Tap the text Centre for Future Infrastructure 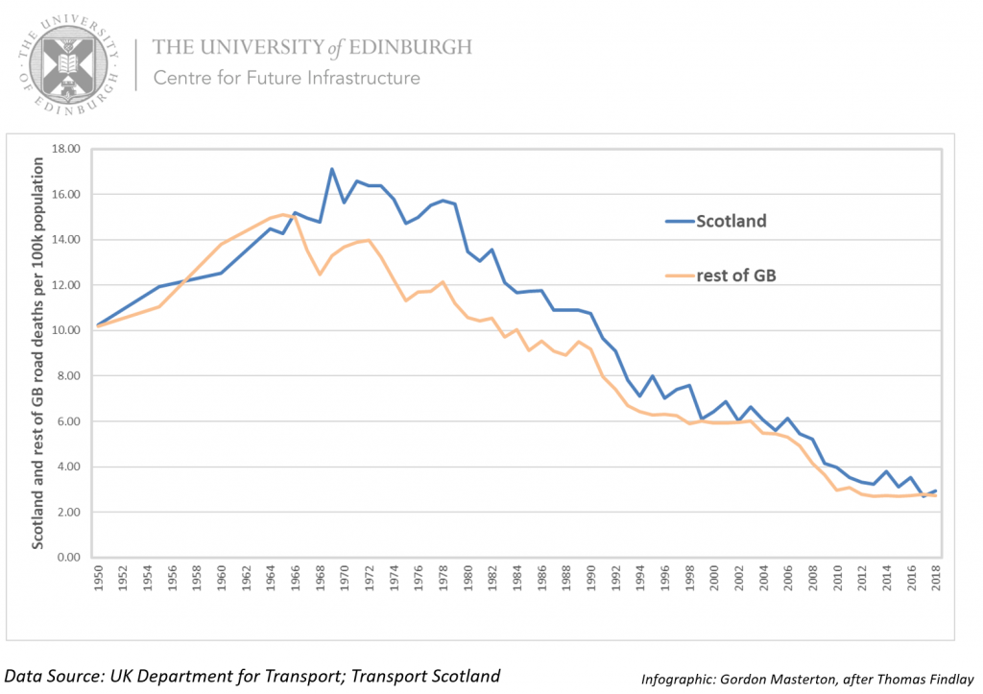[x=286, y=78]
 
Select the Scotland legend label [x=731, y=221]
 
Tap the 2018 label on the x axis [x=935, y=581]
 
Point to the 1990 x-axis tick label [x=591, y=581]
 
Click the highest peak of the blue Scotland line [x=332, y=169]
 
